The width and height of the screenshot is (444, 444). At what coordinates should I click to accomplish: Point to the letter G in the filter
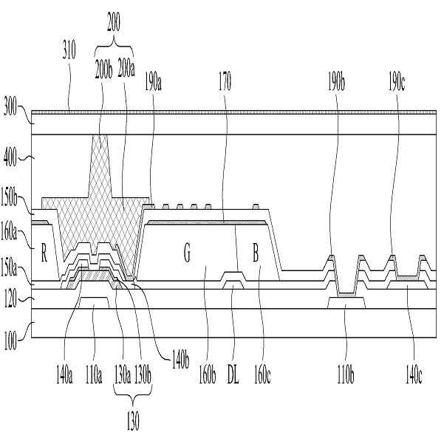(x=187, y=256)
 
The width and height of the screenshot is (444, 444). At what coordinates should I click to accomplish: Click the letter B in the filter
(x=256, y=256)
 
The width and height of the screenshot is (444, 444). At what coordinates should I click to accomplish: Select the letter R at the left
(x=45, y=256)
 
